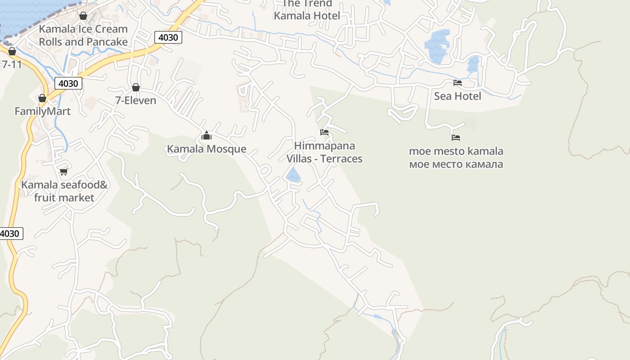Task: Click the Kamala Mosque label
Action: [x=207, y=149]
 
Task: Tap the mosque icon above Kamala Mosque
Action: [x=207, y=135]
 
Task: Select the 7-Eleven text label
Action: [x=135, y=100]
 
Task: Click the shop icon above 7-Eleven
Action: [x=135, y=87]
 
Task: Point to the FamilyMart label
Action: [x=42, y=111]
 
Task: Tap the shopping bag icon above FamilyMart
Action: [x=42, y=98]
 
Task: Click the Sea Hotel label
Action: [x=457, y=96]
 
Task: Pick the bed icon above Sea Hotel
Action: [x=457, y=83]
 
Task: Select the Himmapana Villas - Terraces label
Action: [x=324, y=152]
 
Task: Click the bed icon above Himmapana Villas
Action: [x=324, y=132]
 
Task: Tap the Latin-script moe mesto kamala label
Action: [x=456, y=151]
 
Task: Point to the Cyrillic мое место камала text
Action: [x=456, y=164]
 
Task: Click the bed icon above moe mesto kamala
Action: [x=456, y=138]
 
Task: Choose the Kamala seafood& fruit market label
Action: [x=64, y=191]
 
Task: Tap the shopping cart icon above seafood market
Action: [x=63, y=171]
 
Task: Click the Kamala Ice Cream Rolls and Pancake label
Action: [x=83, y=36]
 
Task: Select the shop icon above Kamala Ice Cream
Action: [x=83, y=16]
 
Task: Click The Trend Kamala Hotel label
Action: [x=307, y=10]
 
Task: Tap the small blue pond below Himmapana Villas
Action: [x=293, y=175]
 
